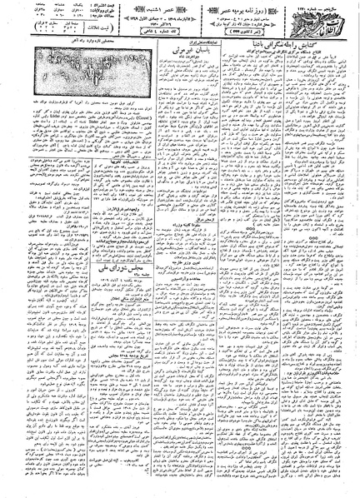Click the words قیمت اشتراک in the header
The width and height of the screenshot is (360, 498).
pos(104,9)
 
